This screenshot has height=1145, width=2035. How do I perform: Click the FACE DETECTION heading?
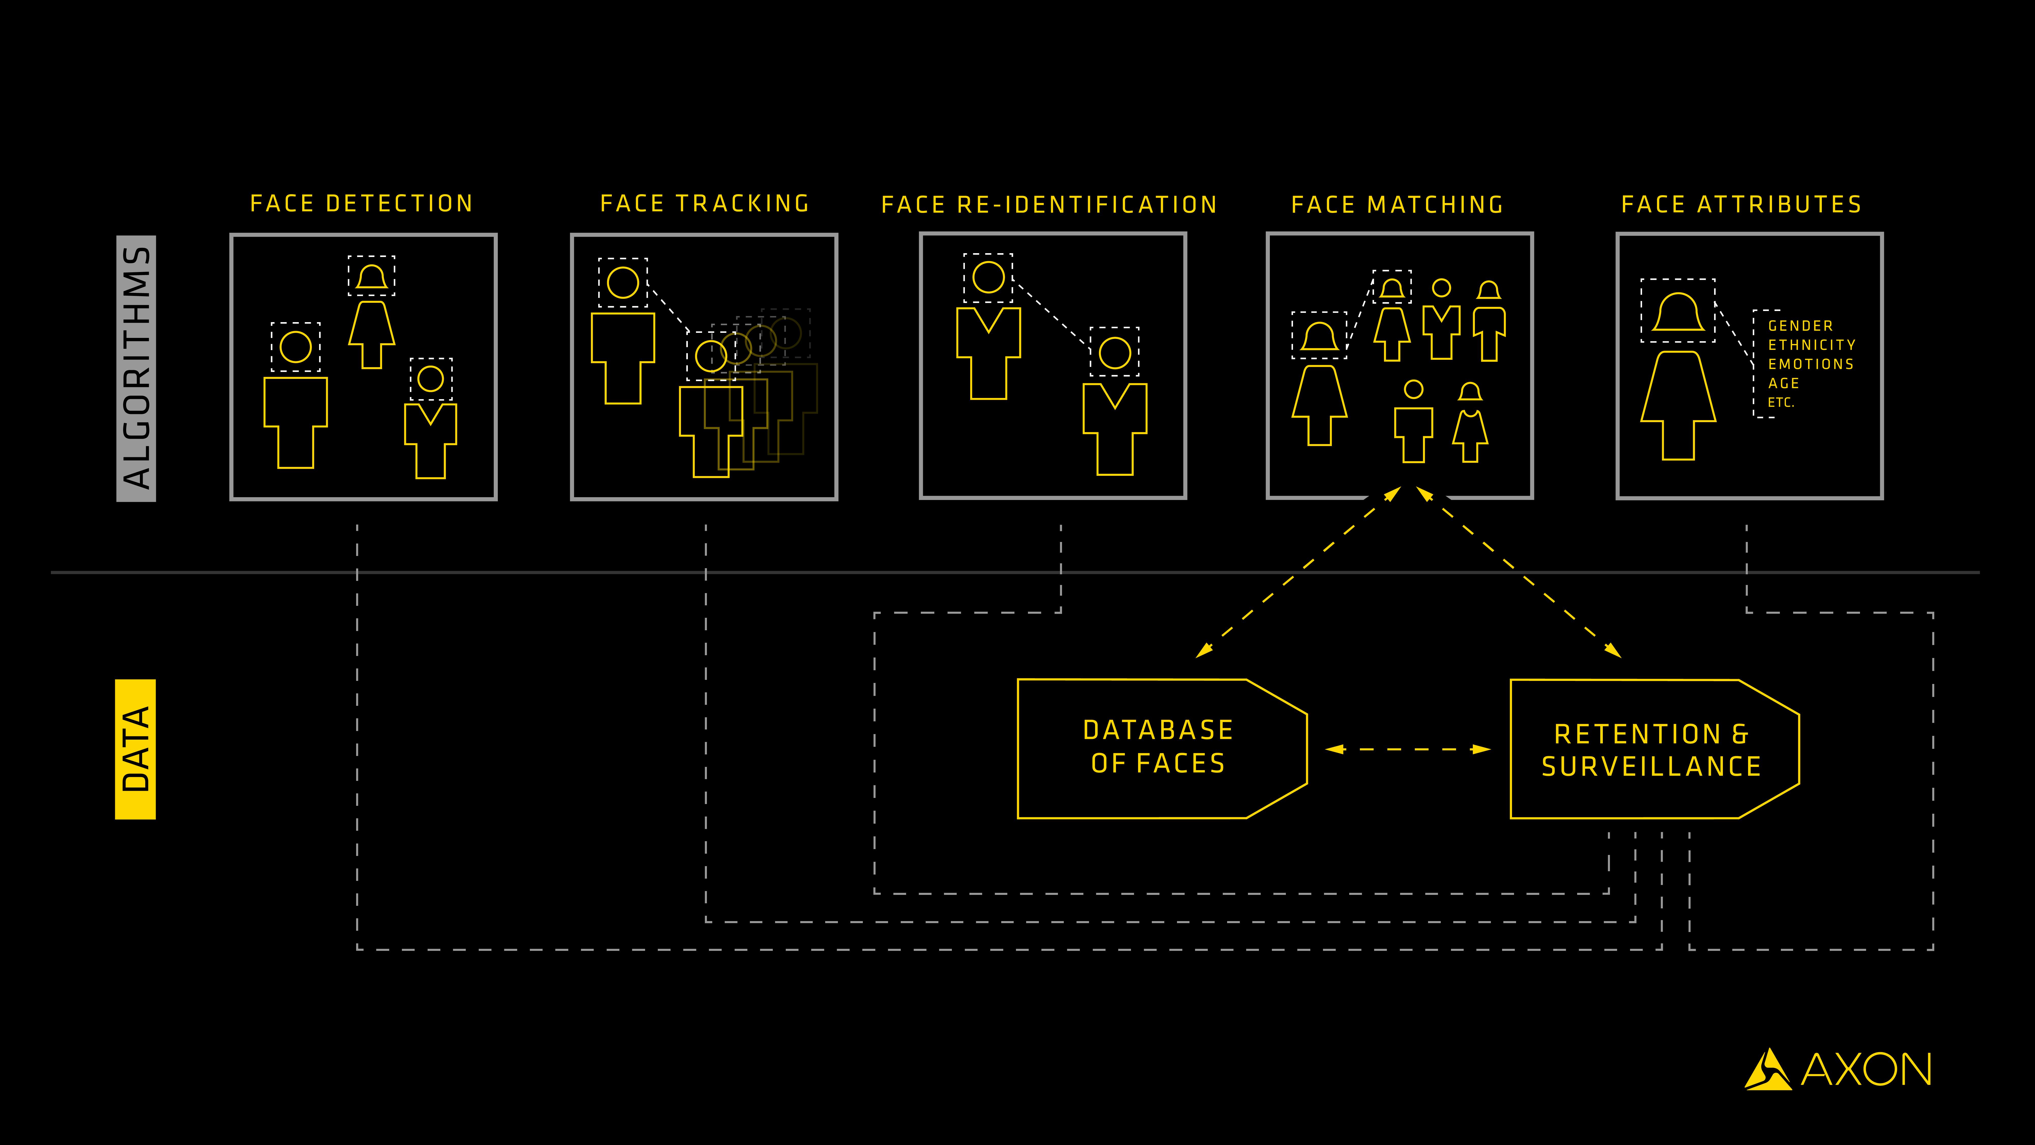tap(361, 204)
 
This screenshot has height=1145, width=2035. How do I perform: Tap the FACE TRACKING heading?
tap(705, 204)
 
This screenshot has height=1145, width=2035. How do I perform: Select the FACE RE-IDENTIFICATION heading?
tap(1049, 205)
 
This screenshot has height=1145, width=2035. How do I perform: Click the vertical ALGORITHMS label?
tap(136, 368)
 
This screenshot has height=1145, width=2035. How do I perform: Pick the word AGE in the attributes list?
tap(1784, 383)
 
